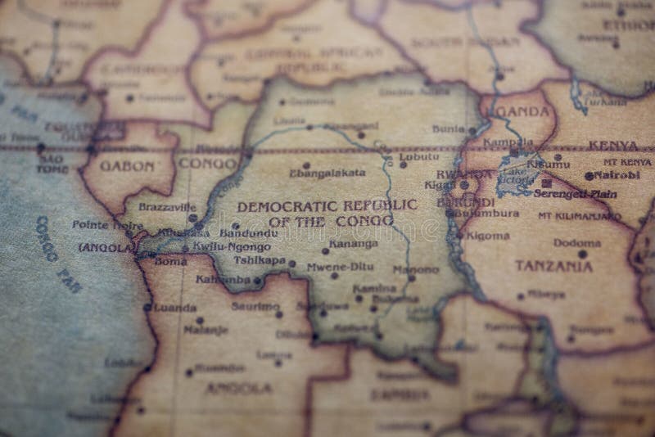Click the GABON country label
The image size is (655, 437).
pyautogui.click(x=127, y=165)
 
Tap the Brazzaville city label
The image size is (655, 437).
pyautogui.click(x=167, y=208)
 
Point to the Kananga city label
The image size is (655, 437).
pyautogui.click(x=354, y=243)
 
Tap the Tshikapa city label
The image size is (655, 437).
pyautogui.click(x=260, y=260)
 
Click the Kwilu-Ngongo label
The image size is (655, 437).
pyautogui.click(x=231, y=246)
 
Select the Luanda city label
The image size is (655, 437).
pyautogui.click(x=174, y=308)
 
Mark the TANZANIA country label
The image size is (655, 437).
pyautogui.click(x=554, y=265)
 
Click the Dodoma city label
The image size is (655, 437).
pyautogui.click(x=576, y=242)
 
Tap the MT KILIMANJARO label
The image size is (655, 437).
pyautogui.click(x=579, y=216)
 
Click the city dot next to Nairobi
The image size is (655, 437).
pyautogui.click(x=589, y=176)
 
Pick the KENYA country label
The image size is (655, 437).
pyautogui.click(x=613, y=146)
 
